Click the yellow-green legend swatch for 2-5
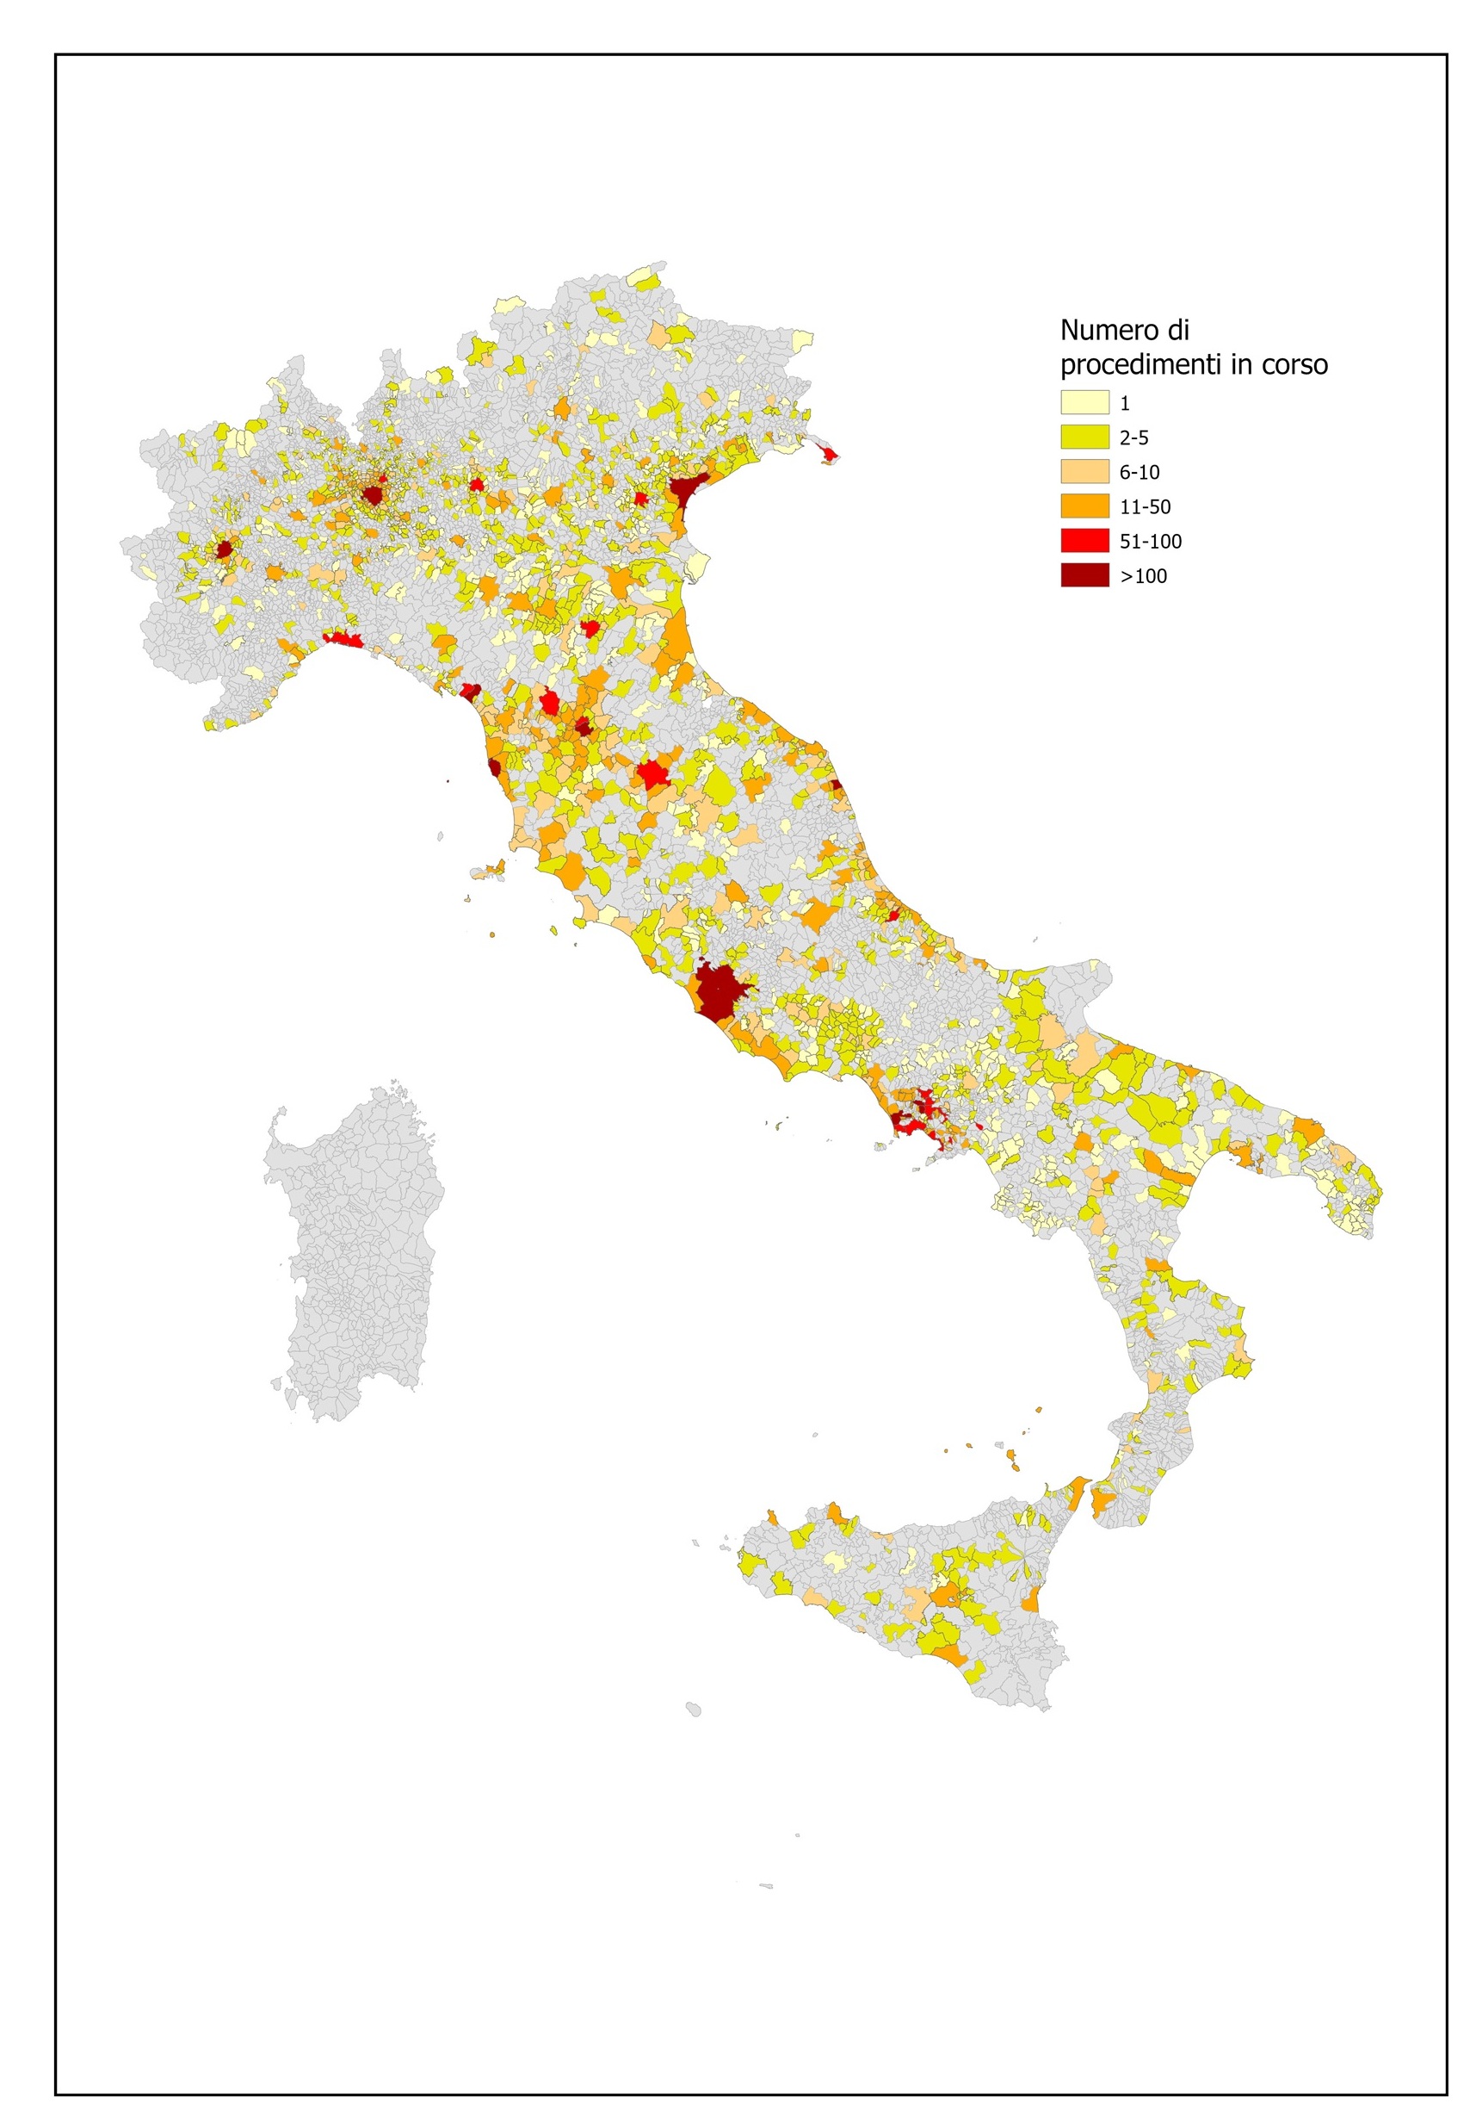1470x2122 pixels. coord(1084,437)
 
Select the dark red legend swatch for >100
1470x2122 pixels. coord(1084,576)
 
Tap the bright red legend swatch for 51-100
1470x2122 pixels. coord(1084,541)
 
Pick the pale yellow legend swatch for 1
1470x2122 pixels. coord(1084,403)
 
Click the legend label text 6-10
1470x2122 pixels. coord(1140,473)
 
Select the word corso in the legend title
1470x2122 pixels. coord(1294,365)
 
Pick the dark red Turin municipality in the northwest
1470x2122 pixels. coord(223,550)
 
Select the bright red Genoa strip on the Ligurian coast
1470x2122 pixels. coord(343,640)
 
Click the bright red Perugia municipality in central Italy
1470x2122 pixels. coord(654,774)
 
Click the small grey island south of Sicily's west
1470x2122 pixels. coord(694,1709)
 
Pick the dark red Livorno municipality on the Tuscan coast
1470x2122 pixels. coord(494,767)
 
